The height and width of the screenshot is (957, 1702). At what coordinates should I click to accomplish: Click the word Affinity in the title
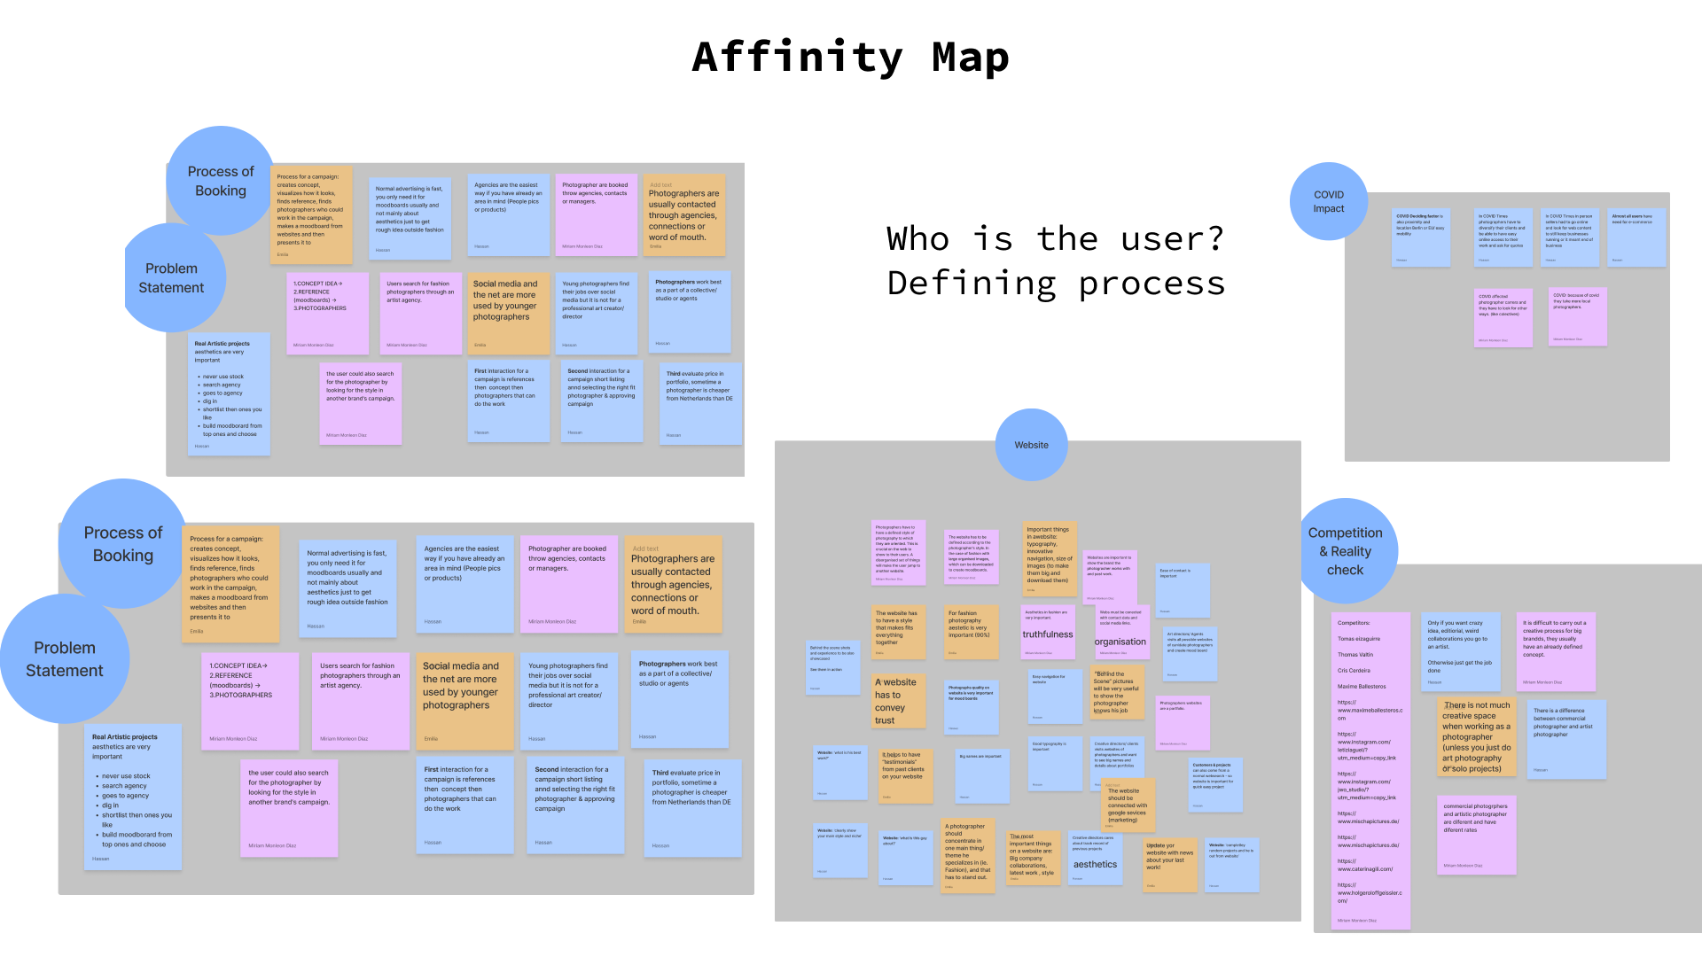pyautogui.click(x=797, y=58)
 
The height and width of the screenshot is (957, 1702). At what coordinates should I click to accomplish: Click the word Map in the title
pyautogui.click(x=970, y=58)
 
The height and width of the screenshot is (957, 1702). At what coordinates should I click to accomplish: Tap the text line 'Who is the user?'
pyautogui.click(x=1055, y=238)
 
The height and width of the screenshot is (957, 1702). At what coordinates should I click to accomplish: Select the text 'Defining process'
pyautogui.click(x=1056, y=284)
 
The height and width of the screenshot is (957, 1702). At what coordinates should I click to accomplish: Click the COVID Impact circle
pyautogui.click(x=1328, y=202)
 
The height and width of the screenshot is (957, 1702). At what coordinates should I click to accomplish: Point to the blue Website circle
pyautogui.click(x=1031, y=445)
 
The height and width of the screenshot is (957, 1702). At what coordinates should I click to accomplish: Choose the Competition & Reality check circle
pyautogui.click(x=1345, y=551)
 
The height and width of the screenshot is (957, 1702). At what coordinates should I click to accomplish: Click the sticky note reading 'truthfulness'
pyautogui.click(x=1048, y=632)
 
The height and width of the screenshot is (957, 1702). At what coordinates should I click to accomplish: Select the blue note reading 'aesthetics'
pyautogui.click(x=1096, y=859)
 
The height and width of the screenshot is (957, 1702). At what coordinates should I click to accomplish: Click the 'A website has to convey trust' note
pyautogui.click(x=898, y=701)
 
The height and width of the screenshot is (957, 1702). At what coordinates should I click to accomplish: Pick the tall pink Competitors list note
pyautogui.click(x=1370, y=770)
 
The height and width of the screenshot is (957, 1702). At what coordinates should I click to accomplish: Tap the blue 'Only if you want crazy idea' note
pyautogui.click(x=1461, y=651)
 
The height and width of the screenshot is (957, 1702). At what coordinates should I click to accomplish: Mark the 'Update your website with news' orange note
pyautogui.click(x=1170, y=864)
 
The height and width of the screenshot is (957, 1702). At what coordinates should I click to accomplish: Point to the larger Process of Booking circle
pyautogui.click(x=123, y=544)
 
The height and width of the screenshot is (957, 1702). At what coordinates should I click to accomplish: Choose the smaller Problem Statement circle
pyautogui.click(x=172, y=278)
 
